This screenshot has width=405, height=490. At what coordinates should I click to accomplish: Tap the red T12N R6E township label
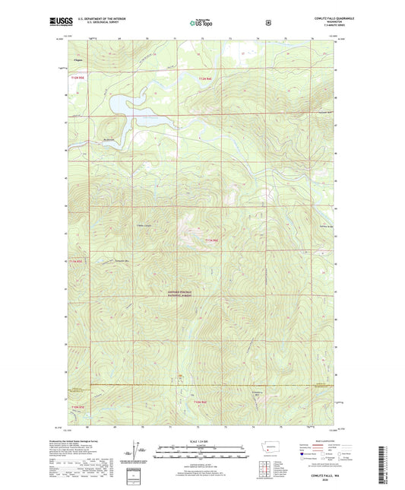coord(207,78)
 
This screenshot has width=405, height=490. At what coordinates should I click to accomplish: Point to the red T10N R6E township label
coord(200,402)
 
